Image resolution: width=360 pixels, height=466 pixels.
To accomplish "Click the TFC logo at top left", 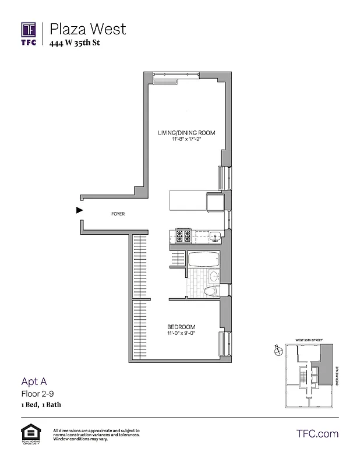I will click(x=29, y=33).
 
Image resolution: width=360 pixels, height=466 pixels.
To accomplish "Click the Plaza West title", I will click(x=87, y=29).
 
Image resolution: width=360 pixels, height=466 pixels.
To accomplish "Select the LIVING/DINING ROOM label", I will click(x=186, y=133).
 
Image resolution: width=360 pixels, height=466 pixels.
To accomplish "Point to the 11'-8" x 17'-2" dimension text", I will click(x=186, y=140).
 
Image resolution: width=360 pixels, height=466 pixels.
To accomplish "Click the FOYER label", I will click(x=118, y=214).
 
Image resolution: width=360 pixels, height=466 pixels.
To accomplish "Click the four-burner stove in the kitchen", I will click(x=183, y=236).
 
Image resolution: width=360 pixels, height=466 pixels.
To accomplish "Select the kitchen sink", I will click(x=215, y=236).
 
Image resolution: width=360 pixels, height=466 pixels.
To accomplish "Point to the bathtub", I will click(x=203, y=259).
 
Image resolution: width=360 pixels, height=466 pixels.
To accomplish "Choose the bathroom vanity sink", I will click(x=214, y=276).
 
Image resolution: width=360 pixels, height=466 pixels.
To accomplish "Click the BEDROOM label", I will click(x=181, y=326).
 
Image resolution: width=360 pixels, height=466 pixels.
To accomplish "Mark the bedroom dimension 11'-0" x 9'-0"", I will click(x=181, y=333).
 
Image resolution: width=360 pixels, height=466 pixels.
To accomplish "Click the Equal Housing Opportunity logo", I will click(x=29, y=435).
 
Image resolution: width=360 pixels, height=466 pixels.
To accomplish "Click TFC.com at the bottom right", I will click(x=317, y=433).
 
